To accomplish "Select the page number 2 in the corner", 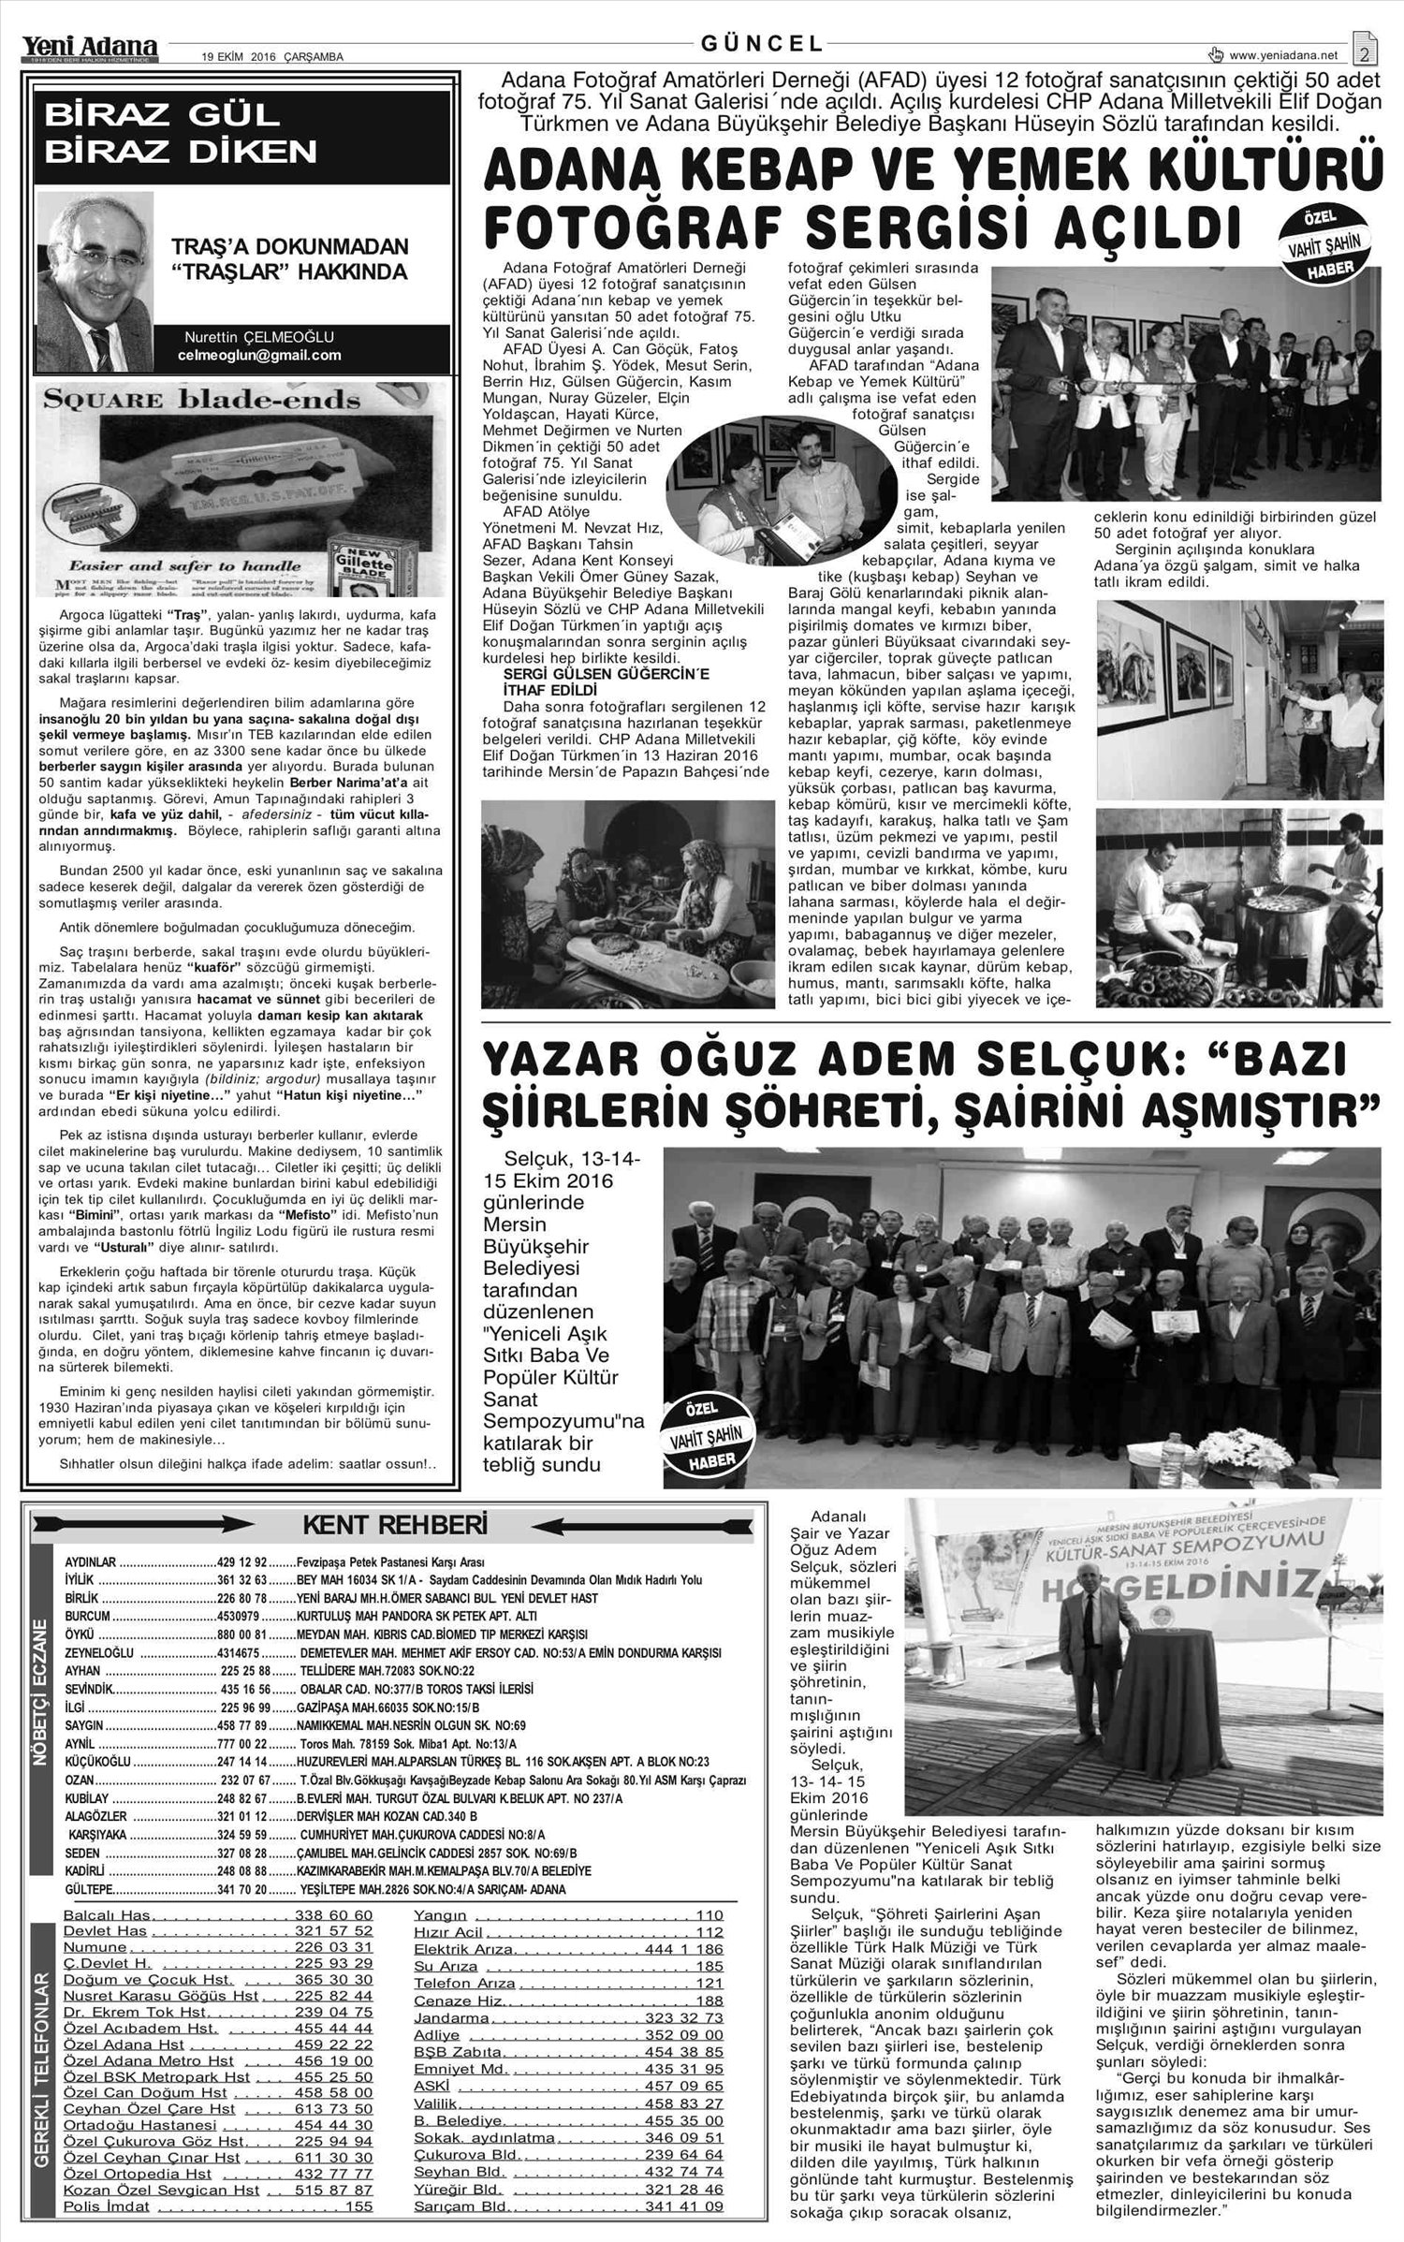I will pos(1366,52).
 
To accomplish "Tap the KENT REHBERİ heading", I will pos(394,1526).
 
